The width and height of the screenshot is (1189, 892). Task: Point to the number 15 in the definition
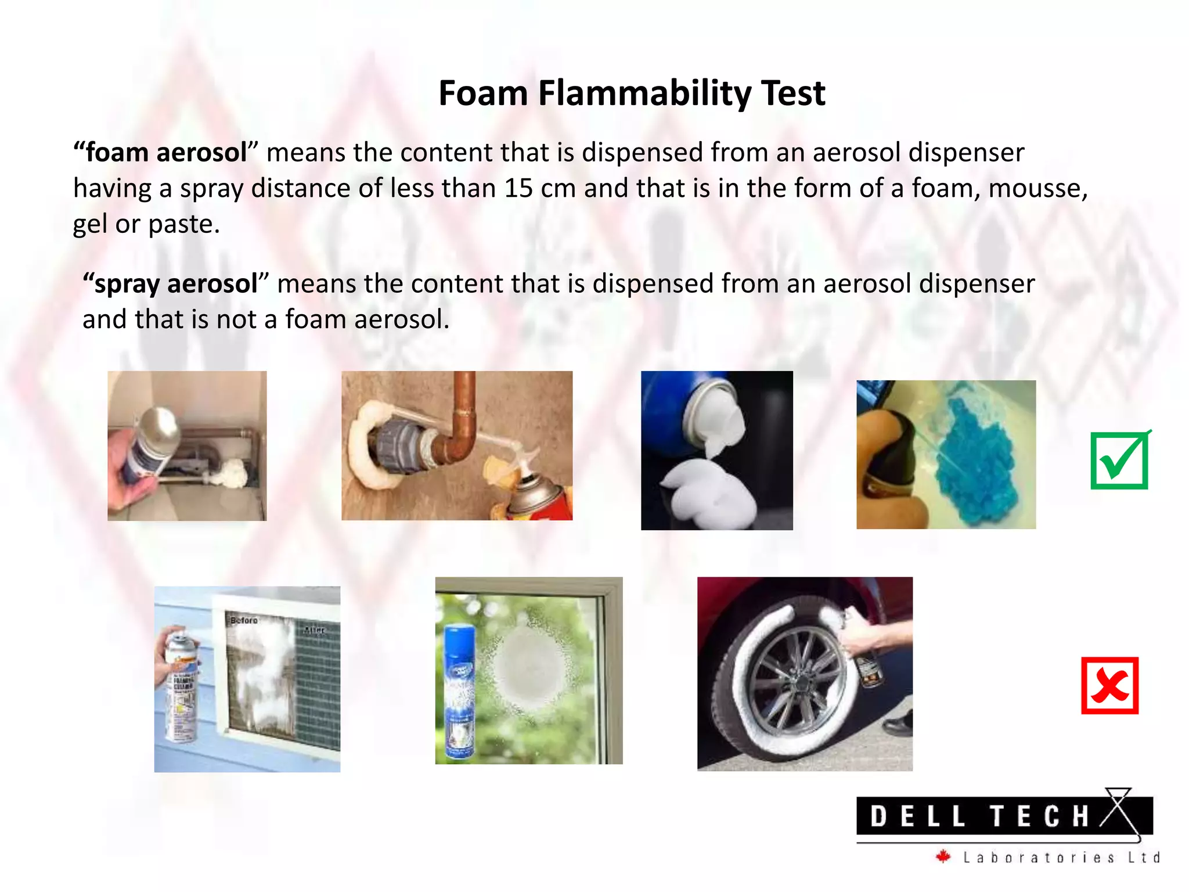[518, 189]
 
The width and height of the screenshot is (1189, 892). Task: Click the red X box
[1109, 686]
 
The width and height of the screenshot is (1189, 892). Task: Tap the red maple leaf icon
[943, 857]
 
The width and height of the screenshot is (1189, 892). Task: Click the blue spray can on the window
[459, 691]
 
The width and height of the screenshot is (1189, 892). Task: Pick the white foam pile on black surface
[708, 494]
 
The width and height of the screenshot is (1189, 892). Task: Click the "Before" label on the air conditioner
[244, 620]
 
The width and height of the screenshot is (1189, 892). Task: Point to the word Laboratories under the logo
[1039, 858]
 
